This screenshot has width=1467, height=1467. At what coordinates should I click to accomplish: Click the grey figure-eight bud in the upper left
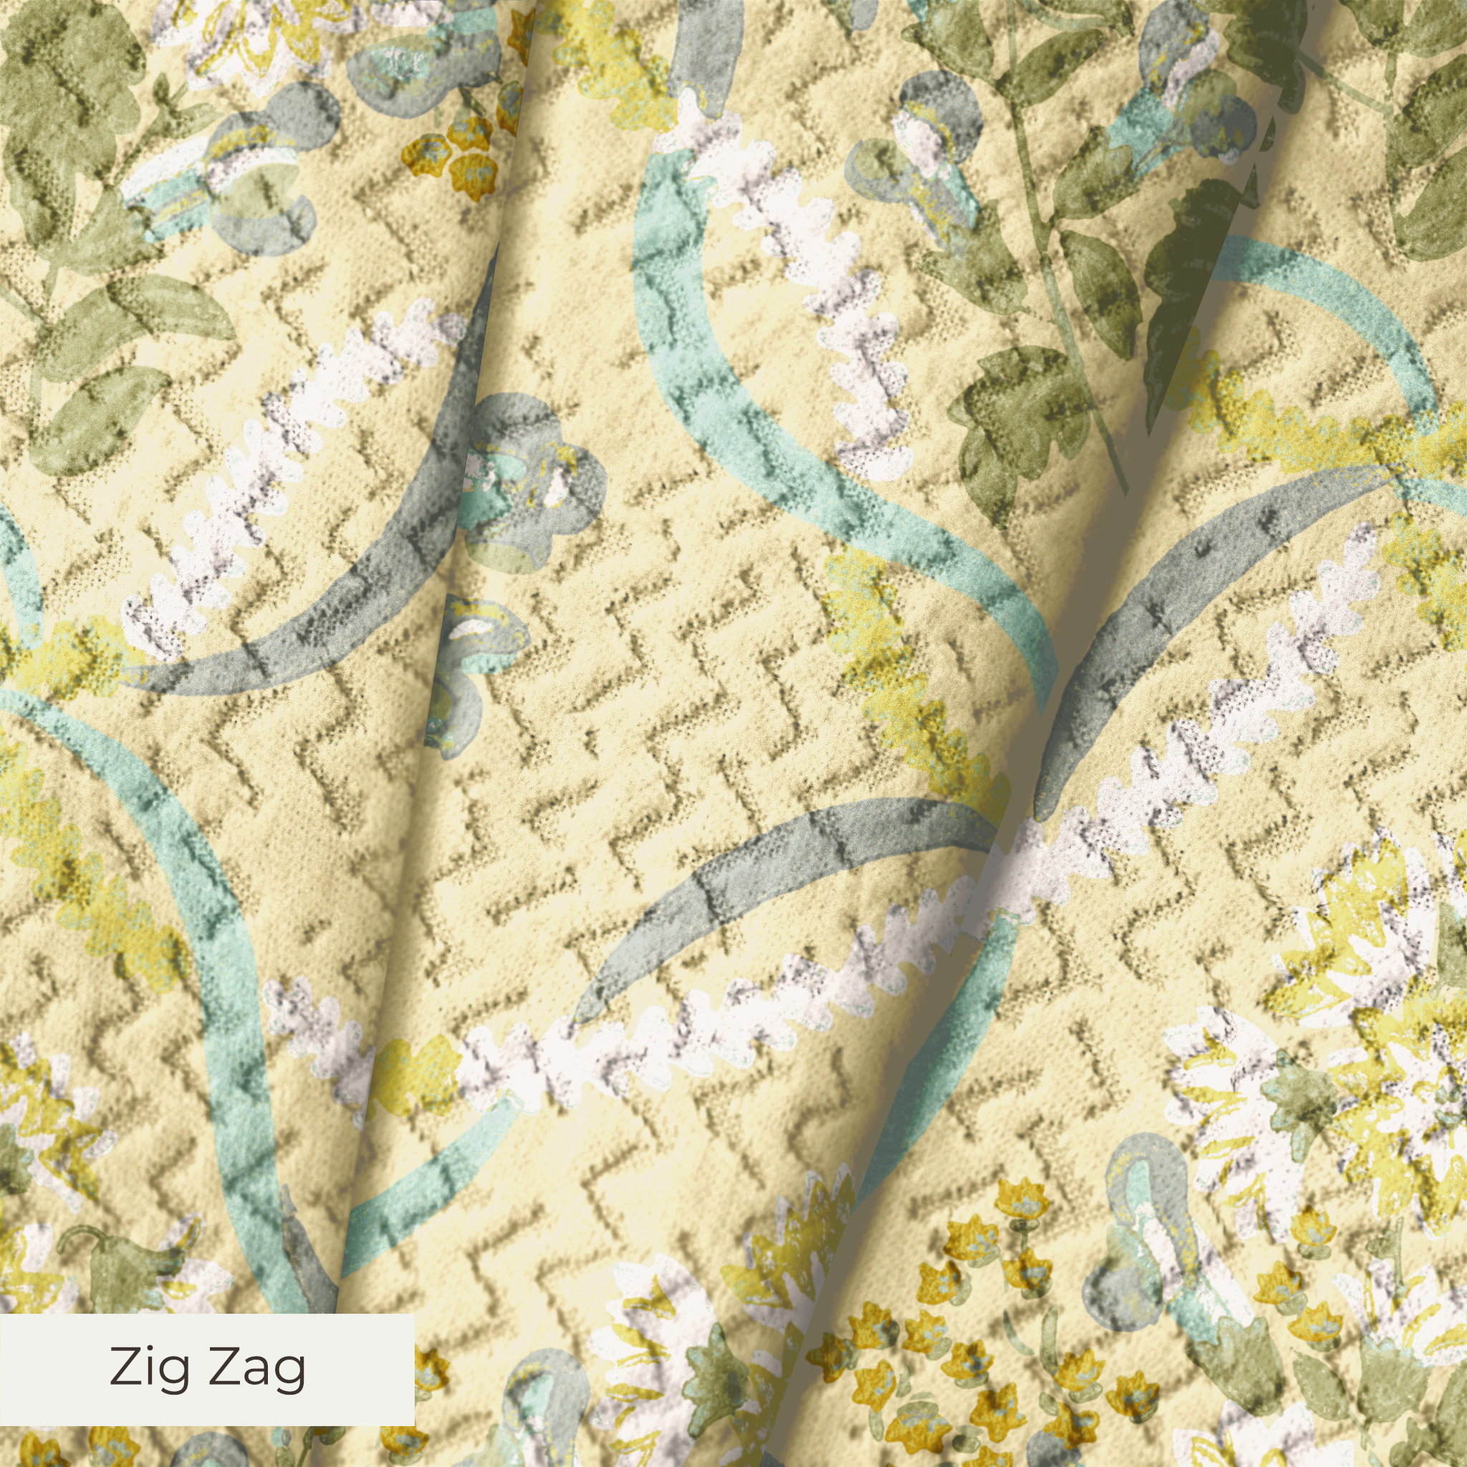coord(258,190)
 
